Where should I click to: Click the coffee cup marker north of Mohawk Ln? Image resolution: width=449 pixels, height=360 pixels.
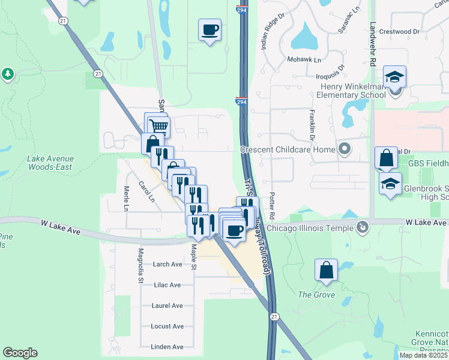[x=210, y=29]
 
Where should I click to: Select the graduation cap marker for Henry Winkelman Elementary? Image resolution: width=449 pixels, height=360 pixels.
[x=395, y=77]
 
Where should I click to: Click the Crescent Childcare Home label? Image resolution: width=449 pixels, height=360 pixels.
[x=288, y=149]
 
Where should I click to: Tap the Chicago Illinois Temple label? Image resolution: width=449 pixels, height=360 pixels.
[x=310, y=227]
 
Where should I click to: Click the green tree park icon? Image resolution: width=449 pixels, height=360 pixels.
[x=7, y=74]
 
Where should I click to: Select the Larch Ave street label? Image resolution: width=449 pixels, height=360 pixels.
[x=167, y=264]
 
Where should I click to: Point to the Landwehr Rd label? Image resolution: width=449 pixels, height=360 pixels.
[x=373, y=44]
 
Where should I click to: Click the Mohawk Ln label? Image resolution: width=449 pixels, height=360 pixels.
[x=304, y=60]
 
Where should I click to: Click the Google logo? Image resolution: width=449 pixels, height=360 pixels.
[x=20, y=353]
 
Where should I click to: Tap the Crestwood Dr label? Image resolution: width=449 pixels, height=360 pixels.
[x=403, y=31]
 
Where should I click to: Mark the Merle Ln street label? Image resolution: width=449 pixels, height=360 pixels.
[x=127, y=198]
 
